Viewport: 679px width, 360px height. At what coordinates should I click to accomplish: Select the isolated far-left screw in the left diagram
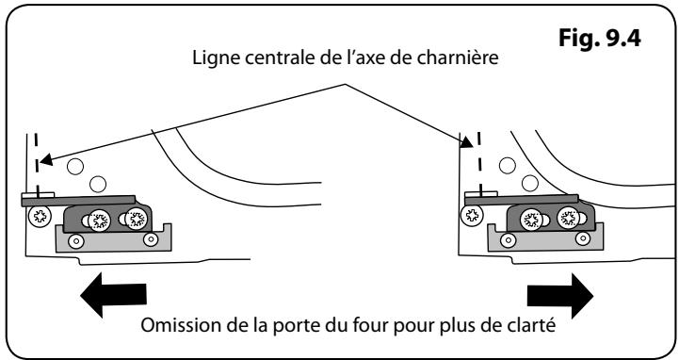pyautogui.click(x=40, y=217)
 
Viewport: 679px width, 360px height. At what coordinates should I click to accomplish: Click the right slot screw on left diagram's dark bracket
pyautogui.click(x=137, y=221)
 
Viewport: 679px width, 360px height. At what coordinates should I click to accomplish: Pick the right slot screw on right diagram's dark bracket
pyautogui.click(x=567, y=217)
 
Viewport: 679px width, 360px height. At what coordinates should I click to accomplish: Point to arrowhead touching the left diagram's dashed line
pyautogui.click(x=44, y=159)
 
